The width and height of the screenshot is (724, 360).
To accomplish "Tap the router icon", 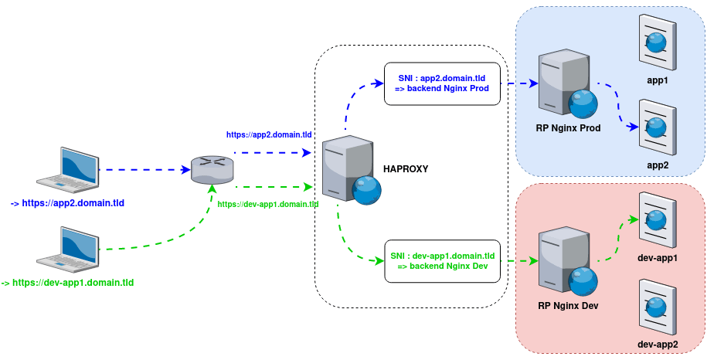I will point(212,169).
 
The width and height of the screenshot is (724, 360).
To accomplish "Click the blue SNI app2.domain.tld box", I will point(443,84).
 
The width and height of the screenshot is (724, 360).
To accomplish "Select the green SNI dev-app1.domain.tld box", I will point(443,260).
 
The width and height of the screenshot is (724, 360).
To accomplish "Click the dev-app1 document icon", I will point(658,219).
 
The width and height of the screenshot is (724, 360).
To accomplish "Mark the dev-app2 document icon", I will point(658,305).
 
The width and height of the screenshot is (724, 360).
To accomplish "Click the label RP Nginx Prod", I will point(568,127).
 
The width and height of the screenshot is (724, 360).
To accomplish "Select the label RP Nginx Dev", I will point(568,306).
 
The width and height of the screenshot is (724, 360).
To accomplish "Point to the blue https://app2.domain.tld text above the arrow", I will point(269,134).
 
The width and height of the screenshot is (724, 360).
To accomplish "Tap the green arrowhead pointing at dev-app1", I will point(634,219).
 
